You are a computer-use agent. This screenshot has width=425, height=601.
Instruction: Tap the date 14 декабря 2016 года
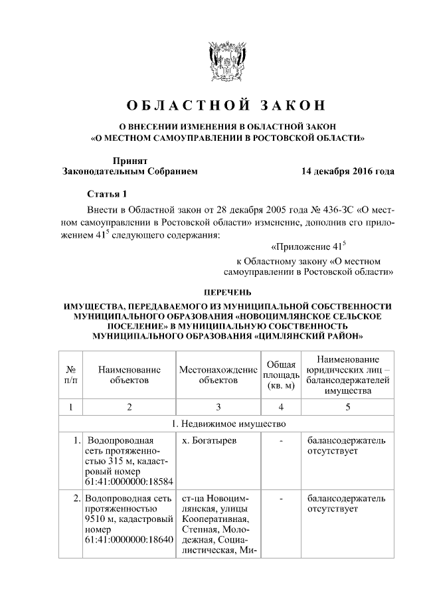tap(347, 171)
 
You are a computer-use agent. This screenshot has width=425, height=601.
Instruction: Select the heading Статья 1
tap(107, 194)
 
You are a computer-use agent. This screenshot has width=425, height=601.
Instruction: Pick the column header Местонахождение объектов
tap(218, 374)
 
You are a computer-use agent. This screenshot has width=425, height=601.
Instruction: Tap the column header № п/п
tap(70, 374)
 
